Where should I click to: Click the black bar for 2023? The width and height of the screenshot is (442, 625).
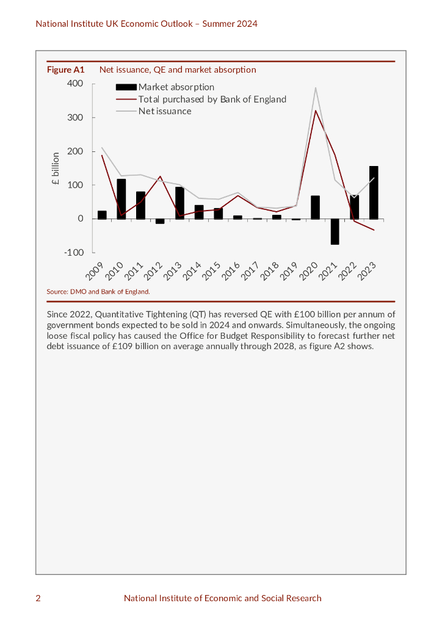(374, 192)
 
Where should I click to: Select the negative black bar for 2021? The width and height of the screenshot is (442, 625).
(335, 231)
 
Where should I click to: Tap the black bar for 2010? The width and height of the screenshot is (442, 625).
(121, 198)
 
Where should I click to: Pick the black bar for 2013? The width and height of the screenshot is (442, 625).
(179, 203)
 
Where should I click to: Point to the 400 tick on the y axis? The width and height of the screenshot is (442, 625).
(75, 84)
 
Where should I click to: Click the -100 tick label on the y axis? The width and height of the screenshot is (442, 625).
(74, 253)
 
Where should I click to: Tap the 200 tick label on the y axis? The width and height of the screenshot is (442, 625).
(75, 151)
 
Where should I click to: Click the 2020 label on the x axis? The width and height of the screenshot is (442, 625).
(310, 272)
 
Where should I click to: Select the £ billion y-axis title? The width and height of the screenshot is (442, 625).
(56, 168)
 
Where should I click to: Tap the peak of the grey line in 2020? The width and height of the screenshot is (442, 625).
(315, 88)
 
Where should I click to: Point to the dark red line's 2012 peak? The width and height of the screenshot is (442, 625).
(160, 176)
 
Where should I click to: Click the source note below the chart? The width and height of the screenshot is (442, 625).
(98, 292)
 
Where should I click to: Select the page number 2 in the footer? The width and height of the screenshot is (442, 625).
(38, 598)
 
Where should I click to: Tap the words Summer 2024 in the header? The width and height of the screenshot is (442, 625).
(230, 24)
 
